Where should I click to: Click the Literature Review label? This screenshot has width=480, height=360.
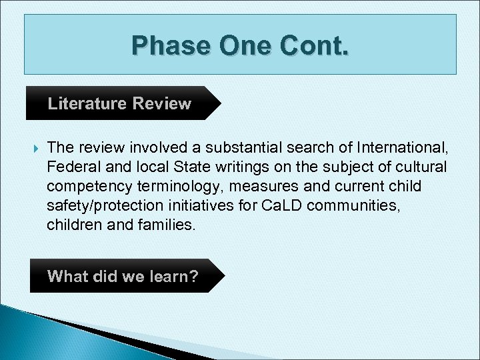(x=119, y=104)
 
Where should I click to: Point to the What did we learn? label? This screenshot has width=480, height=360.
(x=123, y=276)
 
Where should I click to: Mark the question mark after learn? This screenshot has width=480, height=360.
(x=193, y=276)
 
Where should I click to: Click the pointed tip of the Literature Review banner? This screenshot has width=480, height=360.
(x=219, y=103)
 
